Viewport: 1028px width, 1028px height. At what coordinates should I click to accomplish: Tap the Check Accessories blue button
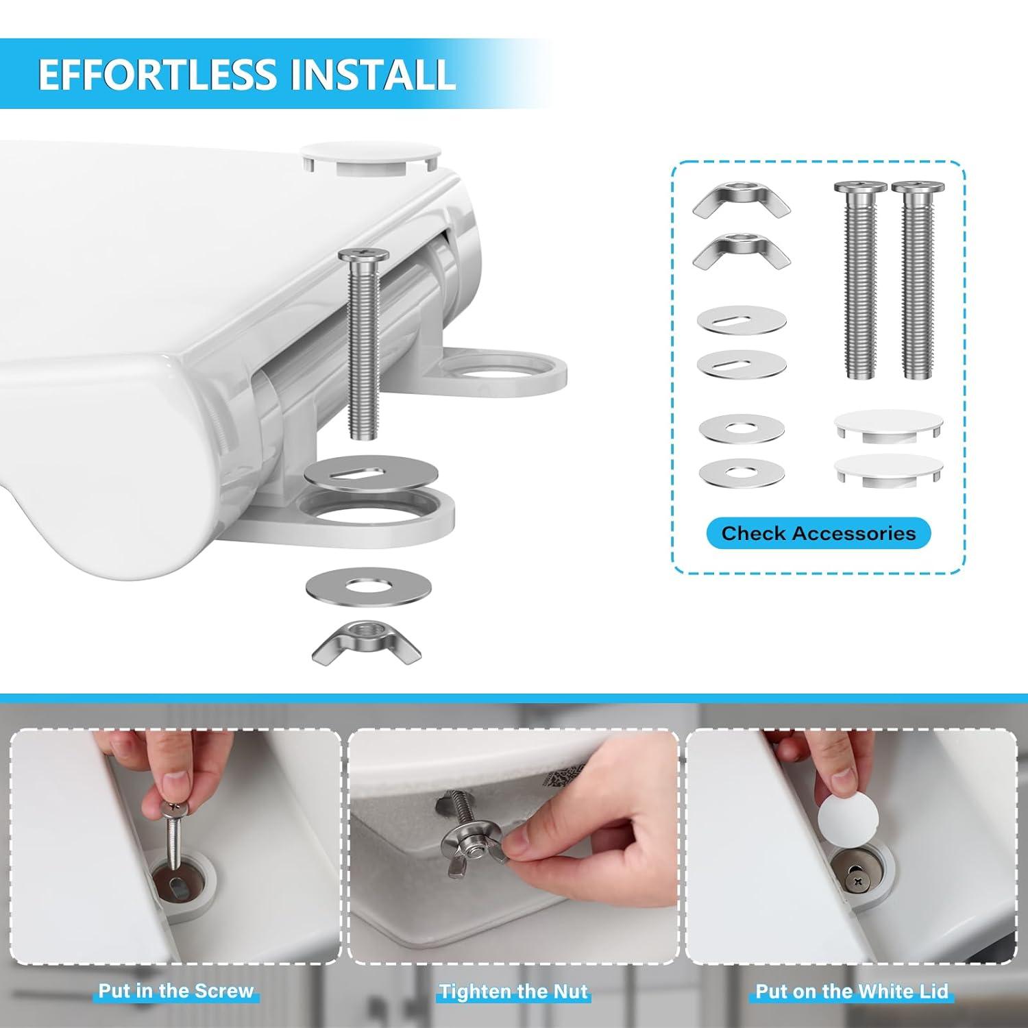tap(818, 533)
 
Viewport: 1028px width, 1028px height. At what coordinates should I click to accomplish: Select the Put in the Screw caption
tap(175, 991)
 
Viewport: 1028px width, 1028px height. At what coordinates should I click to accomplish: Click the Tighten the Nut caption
tap(513, 991)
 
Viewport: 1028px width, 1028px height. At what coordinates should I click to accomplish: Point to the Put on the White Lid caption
tap(852, 991)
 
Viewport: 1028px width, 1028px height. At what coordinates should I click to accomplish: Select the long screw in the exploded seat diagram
tap(363, 343)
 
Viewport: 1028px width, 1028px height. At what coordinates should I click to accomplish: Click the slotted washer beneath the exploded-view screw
tap(363, 472)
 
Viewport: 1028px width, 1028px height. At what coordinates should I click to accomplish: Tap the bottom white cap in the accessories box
tap(888, 469)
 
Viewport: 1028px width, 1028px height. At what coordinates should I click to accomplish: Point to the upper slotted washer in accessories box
tap(741, 320)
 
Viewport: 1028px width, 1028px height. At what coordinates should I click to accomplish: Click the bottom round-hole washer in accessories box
tap(742, 472)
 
